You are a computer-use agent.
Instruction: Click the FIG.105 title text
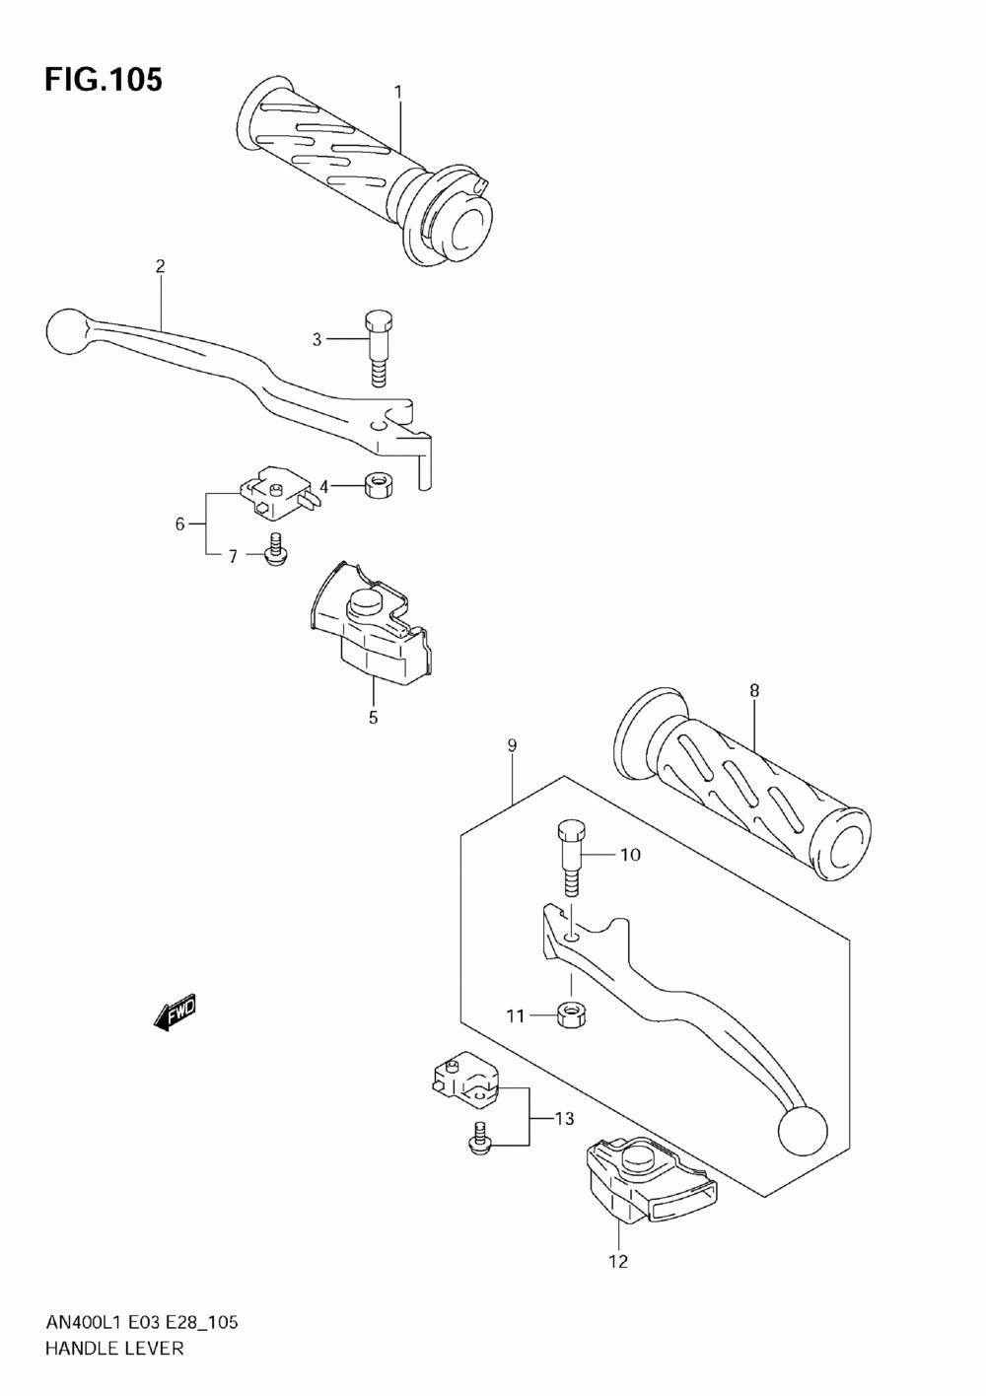tap(103, 80)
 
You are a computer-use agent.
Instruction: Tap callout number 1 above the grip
tap(398, 92)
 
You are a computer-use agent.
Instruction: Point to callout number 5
tap(373, 718)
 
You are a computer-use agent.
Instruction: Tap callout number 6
tap(180, 523)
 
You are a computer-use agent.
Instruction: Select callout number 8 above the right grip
tap(754, 691)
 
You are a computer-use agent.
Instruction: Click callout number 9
tap(512, 746)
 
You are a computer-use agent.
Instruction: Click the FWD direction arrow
tap(176, 1012)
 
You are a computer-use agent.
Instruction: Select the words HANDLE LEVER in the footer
tap(114, 1348)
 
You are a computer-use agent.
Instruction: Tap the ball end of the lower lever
tap(802, 1130)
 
